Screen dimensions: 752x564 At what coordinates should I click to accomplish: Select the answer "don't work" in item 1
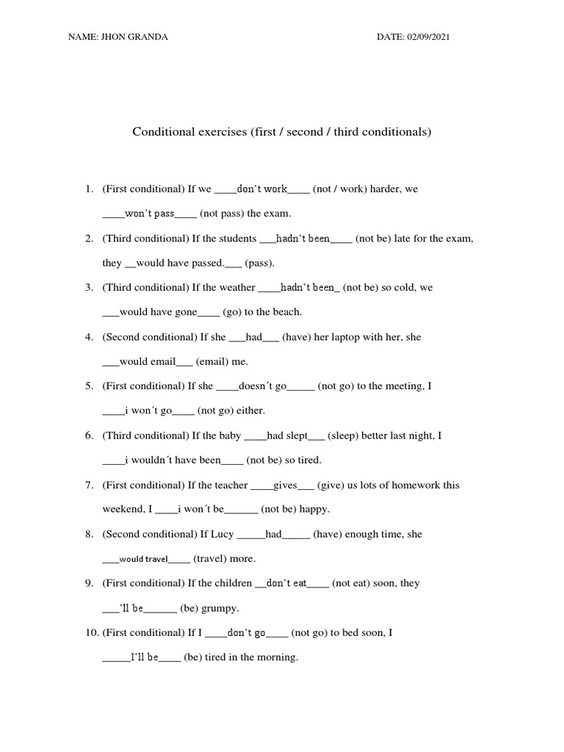click(262, 189)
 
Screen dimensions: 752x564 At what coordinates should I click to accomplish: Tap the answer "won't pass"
click(150, 214)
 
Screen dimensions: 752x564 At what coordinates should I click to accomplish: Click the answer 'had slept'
click(286, 435)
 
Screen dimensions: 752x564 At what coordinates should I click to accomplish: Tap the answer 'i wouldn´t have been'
click(173, 460)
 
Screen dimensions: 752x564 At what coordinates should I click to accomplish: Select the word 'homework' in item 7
click(420, 485)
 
